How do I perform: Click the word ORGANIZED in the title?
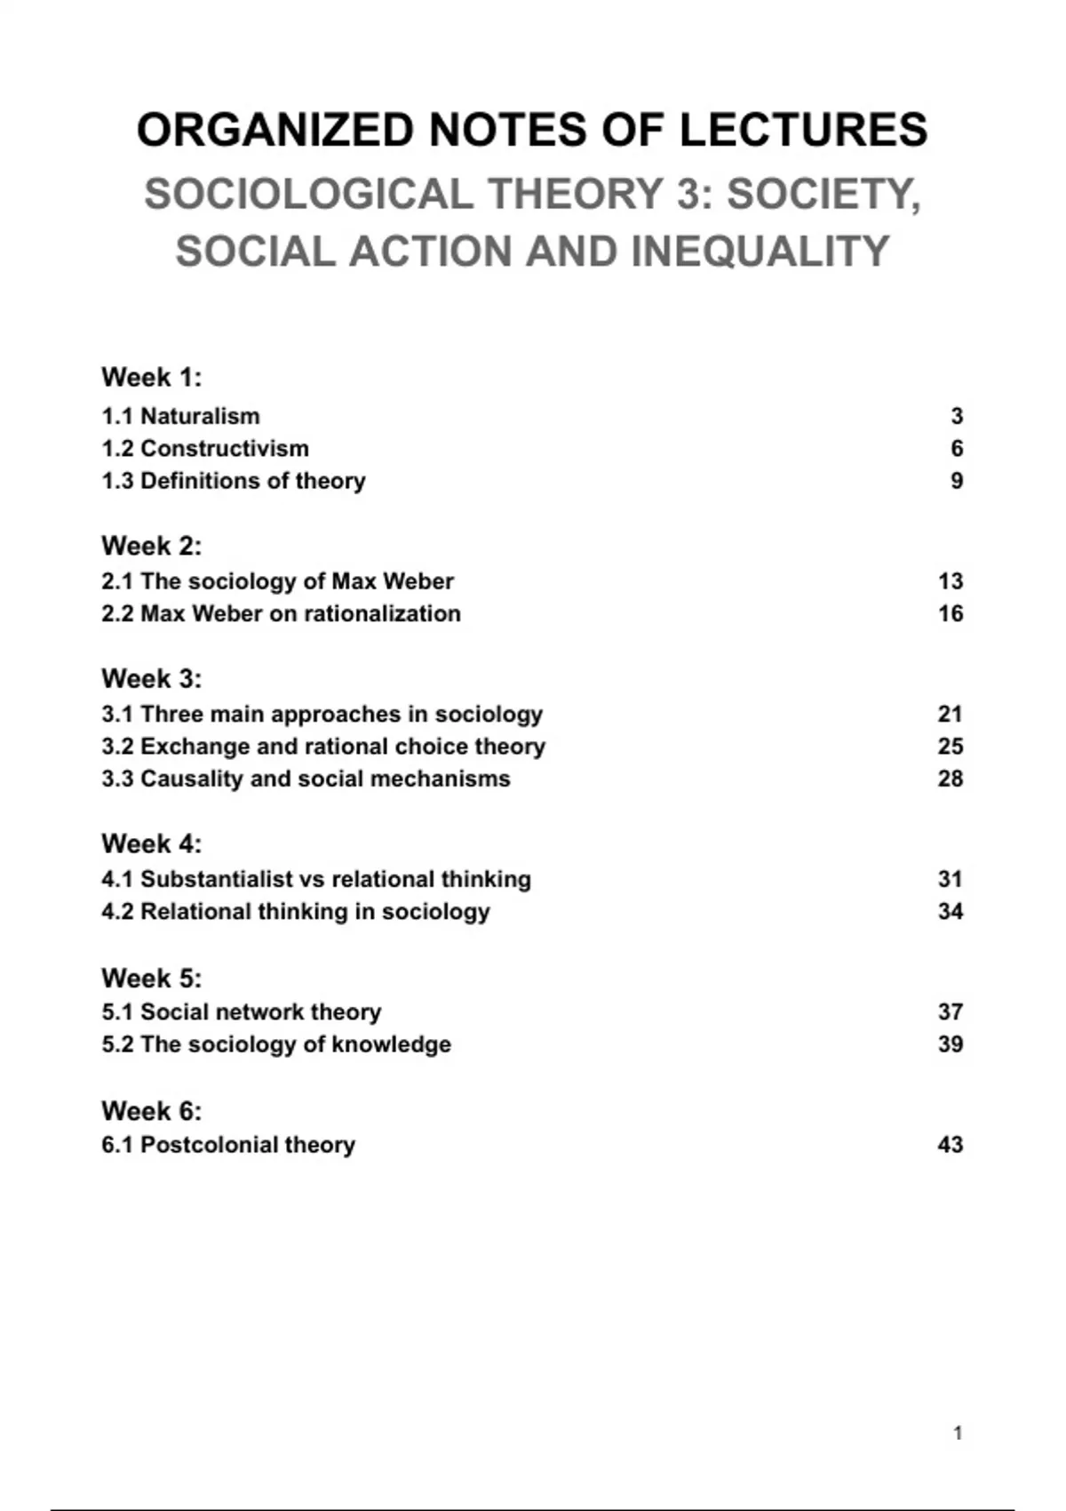[x=276, y=130]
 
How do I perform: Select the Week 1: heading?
[x=151, y=377]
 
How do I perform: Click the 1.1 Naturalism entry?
[x=180, y=416]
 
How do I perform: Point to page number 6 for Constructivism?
[x=957, y=449]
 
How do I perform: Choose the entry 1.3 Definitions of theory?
[x=233, y=481]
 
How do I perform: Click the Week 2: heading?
[x=151, y=545]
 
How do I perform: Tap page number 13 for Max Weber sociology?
[x=950, y=581]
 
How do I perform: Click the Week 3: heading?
[x=151, y=678]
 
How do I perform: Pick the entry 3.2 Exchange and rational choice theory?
[x=323, y=747]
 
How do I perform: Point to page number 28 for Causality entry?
[x=950, y=779]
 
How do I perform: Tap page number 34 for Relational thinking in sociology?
[x=950, y=911]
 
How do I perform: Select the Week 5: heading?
[x=151, y=978]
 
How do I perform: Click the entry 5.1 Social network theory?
[x=241, y=1011]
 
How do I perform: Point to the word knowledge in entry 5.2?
[x=392, y=1044]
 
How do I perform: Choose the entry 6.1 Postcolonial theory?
[x=228, y=1144]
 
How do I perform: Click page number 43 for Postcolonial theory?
[x=950, y=1144]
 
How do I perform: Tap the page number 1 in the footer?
[x=958, y=1433]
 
